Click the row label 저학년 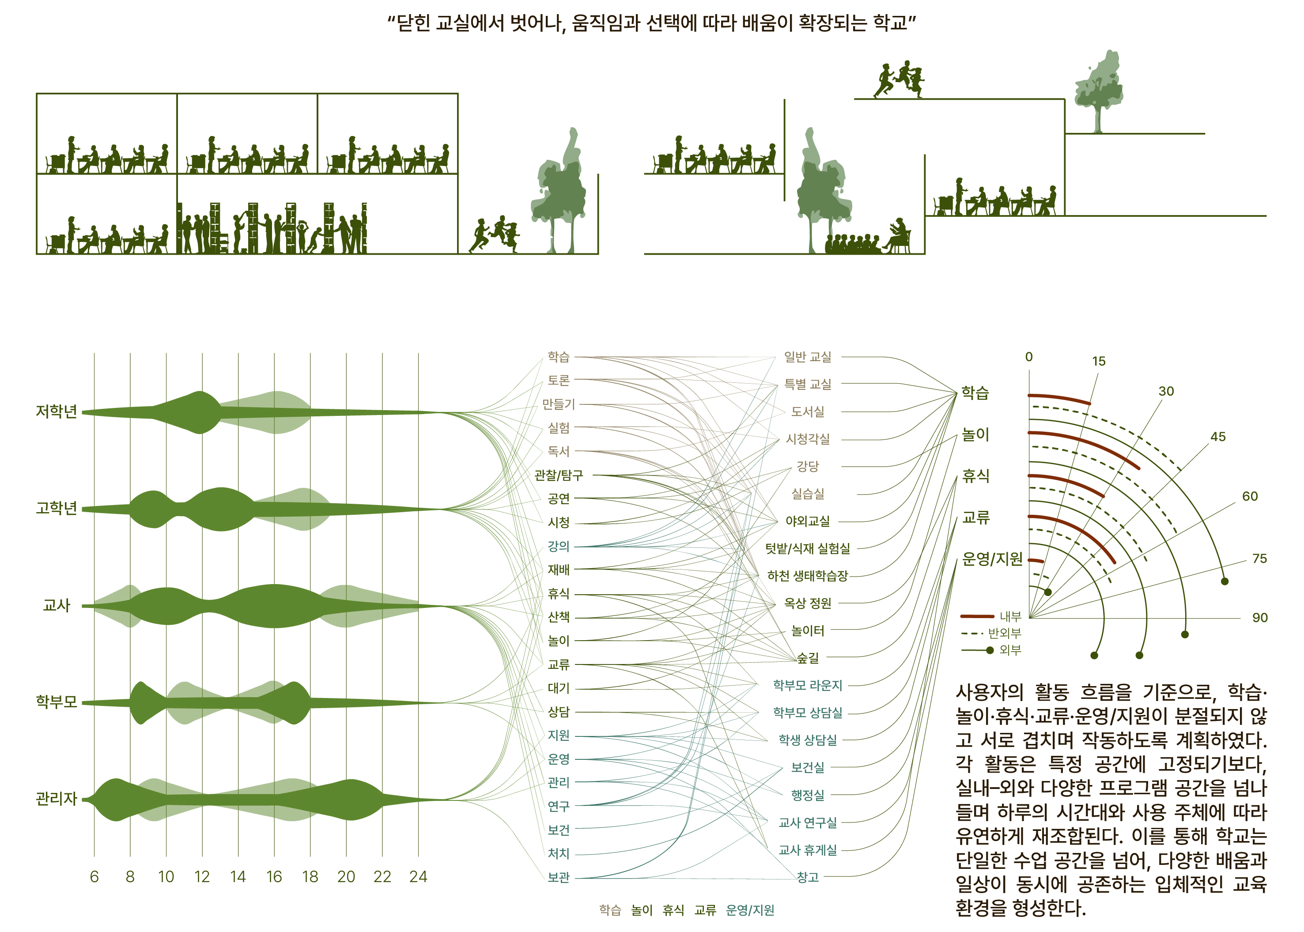[56, 412]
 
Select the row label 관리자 [56, 799]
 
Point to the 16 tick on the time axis [274, 877]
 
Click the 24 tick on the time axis [419, 877]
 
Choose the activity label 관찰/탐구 [559, 475]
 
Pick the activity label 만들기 [559, 404]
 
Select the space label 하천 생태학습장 [808, 576]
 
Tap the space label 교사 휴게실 [808, 850]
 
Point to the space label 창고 [808, 877]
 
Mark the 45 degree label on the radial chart [1218, 437]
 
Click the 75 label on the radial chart [1259, 558]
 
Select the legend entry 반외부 [1005, 634]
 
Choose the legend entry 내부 [1010, 617]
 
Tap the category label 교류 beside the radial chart [976, 517]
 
